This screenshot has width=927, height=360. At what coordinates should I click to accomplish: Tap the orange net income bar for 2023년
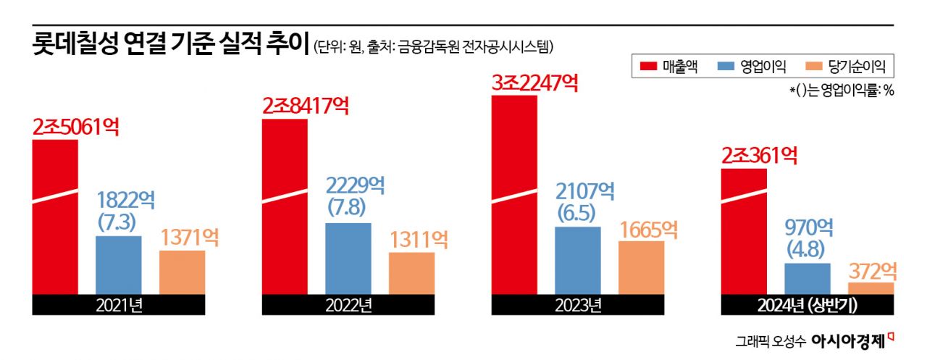641,267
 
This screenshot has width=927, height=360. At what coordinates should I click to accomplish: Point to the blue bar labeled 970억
807,279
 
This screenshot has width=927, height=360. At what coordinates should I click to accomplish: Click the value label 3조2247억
534,83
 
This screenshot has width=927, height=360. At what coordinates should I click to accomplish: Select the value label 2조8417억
305,106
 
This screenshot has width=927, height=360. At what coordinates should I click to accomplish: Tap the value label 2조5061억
75,127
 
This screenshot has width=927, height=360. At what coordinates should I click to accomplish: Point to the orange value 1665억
648,229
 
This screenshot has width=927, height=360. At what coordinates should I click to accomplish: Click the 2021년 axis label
119,305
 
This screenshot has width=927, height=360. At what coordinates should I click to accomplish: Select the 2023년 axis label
577,305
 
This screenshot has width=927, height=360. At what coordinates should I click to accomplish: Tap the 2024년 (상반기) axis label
807,305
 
